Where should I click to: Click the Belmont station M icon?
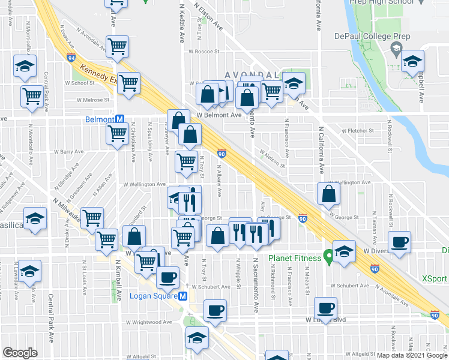tap(120, 119)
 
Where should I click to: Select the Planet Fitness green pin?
tap(328, 257)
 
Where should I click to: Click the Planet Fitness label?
tap(294, 259)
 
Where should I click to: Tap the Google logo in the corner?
tap(19, 353)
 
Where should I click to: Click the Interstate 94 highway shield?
tap(71, 58)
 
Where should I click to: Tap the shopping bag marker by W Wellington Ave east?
tap(329, 193)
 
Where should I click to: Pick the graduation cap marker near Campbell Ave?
tap(412, 61)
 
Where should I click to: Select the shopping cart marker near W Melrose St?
tap(32, 95)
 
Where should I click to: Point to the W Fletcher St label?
tap(357, 130)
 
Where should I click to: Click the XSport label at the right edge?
tap(435, 278)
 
